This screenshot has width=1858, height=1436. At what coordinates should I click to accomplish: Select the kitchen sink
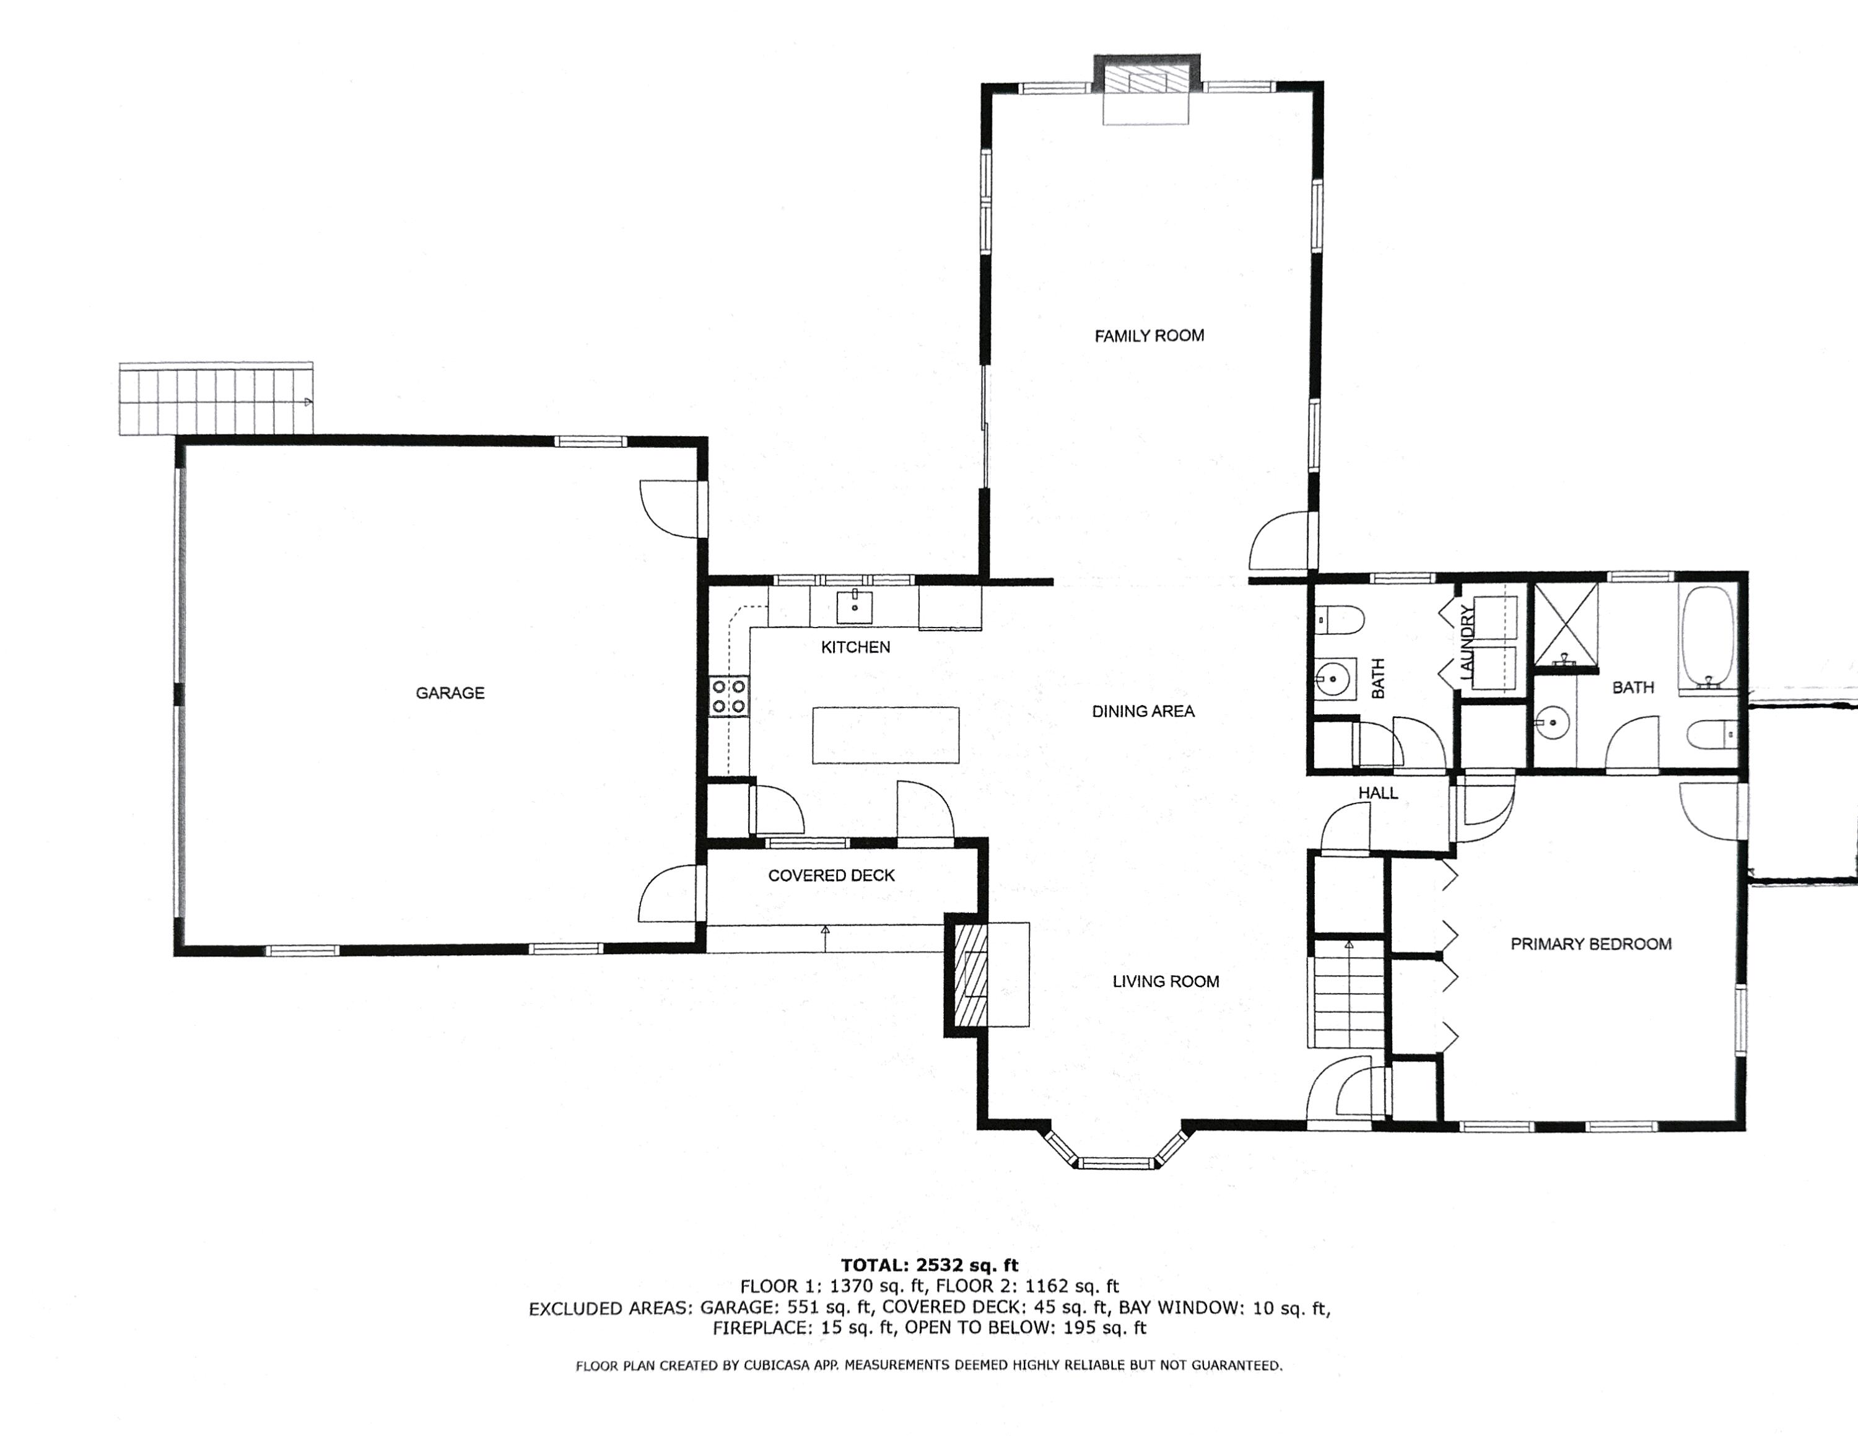854,607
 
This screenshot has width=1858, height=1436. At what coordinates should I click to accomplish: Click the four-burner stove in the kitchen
729,696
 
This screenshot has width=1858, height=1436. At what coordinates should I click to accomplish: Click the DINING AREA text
1143,711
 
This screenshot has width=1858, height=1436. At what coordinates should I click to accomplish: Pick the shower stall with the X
1565,623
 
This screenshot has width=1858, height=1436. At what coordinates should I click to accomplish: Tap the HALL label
1377,793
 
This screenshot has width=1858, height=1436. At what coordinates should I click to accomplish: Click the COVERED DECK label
831,875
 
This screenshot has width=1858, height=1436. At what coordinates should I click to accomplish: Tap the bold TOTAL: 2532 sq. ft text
929,1265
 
